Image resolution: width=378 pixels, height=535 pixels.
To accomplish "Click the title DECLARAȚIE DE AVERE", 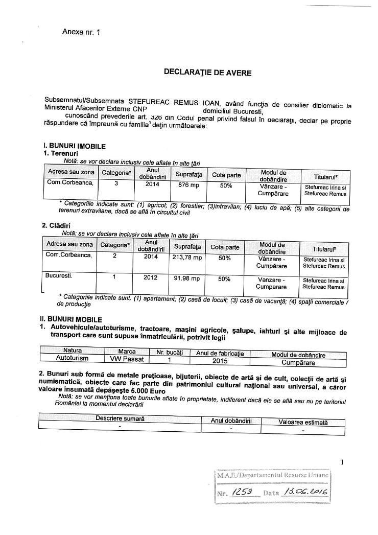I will [x=207, y=73].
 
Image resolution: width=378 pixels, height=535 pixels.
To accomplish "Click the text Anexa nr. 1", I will [x=81, y=32].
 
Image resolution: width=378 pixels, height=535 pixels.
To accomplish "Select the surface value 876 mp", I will [x=186, y=185].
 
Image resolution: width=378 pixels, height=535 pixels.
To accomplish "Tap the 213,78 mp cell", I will [x=187, y=258].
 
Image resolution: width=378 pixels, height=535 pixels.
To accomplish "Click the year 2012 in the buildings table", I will [x=151, y=278].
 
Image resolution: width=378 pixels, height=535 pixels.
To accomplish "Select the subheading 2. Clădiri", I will [x=56, y=225].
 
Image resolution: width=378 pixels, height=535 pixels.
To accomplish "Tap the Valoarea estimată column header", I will [x=303, y=422].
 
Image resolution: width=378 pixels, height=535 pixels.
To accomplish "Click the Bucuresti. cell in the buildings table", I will [x=59, y=276].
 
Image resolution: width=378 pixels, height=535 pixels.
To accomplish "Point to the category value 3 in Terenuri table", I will [x=116, y=185].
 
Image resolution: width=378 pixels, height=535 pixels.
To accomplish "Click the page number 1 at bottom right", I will [x=343, y=462].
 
